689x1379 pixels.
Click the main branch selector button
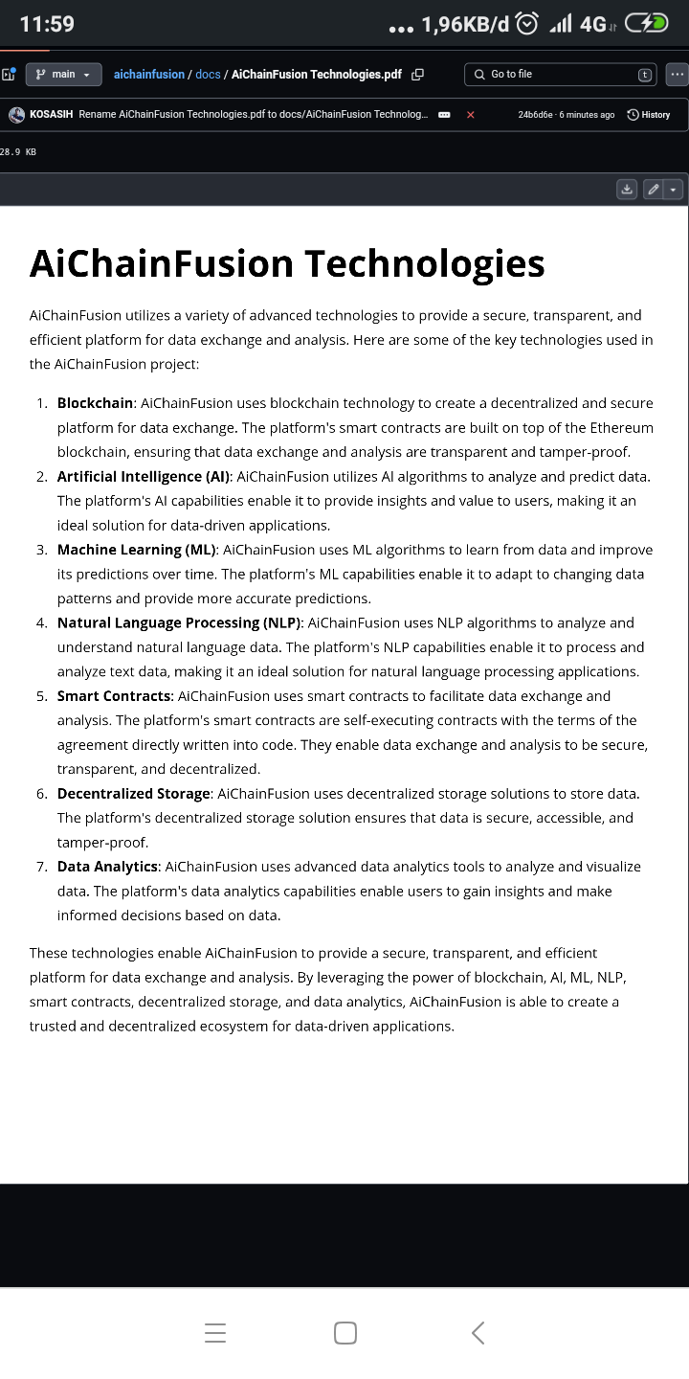coord(62,74)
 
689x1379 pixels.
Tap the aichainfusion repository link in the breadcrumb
coord(148,74)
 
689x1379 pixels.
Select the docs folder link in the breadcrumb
coord(208,74)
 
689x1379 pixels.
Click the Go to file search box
coord(550,74)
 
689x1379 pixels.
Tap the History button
coord(649,115)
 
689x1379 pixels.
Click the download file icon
coord(627,190)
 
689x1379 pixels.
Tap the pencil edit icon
coord(653,190)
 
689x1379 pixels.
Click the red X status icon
coord(470,115)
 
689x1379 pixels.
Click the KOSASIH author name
coord(52,115)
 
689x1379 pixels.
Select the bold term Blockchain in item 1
coord(96,403)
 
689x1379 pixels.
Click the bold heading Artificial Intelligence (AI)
coord(144,476)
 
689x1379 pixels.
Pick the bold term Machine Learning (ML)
coord(137,550)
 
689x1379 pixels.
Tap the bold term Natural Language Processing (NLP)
coord(179,622)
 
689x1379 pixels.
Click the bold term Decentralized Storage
coord(133,793)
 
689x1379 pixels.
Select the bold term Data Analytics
coord(107,867)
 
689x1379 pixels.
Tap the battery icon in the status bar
coord(646,24)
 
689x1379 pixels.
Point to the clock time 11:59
coord(47,24)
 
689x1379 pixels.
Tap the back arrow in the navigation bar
coord(478,1332)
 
